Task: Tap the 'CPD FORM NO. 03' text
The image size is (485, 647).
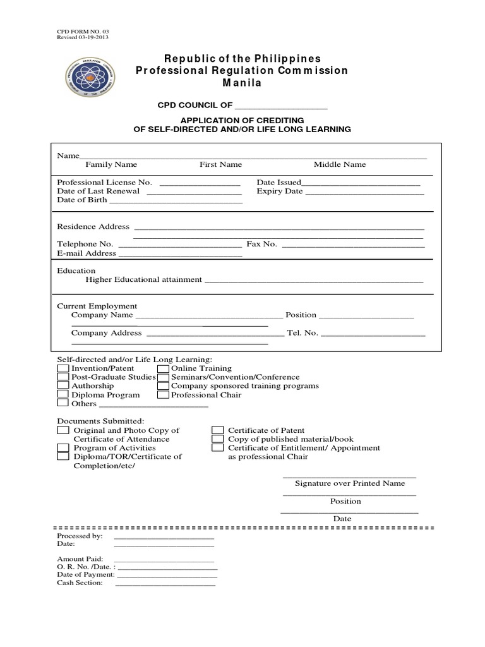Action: point(78,30)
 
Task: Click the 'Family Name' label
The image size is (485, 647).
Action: point(111,164)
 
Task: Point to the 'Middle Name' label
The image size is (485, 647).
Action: point(340,164)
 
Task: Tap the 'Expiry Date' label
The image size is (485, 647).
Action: point(279,191)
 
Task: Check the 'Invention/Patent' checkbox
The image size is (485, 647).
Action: point(63,368)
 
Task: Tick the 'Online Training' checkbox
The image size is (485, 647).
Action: point(163,368)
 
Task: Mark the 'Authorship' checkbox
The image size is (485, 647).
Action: point(63,385)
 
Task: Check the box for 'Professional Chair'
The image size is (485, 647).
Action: point(163,395)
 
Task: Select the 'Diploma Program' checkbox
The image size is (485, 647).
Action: point(63,395)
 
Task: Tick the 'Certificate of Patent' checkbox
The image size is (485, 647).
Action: point(218,430)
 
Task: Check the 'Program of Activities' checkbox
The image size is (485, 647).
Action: point(63,448)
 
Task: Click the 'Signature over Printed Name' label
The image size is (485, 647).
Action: point(350,483)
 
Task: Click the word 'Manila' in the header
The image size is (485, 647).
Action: point(242,83)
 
